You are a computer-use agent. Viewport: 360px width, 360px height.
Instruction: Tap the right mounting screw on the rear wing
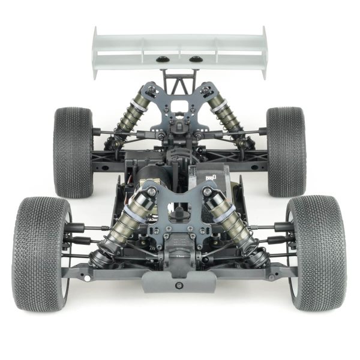click(x=196, y=59)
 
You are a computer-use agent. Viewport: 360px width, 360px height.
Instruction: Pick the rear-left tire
click(x=73, y=151)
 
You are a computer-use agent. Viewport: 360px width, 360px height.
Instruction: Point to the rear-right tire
click(x=286, y=151)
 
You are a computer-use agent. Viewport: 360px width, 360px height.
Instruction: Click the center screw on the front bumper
click(x=178, y=285)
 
